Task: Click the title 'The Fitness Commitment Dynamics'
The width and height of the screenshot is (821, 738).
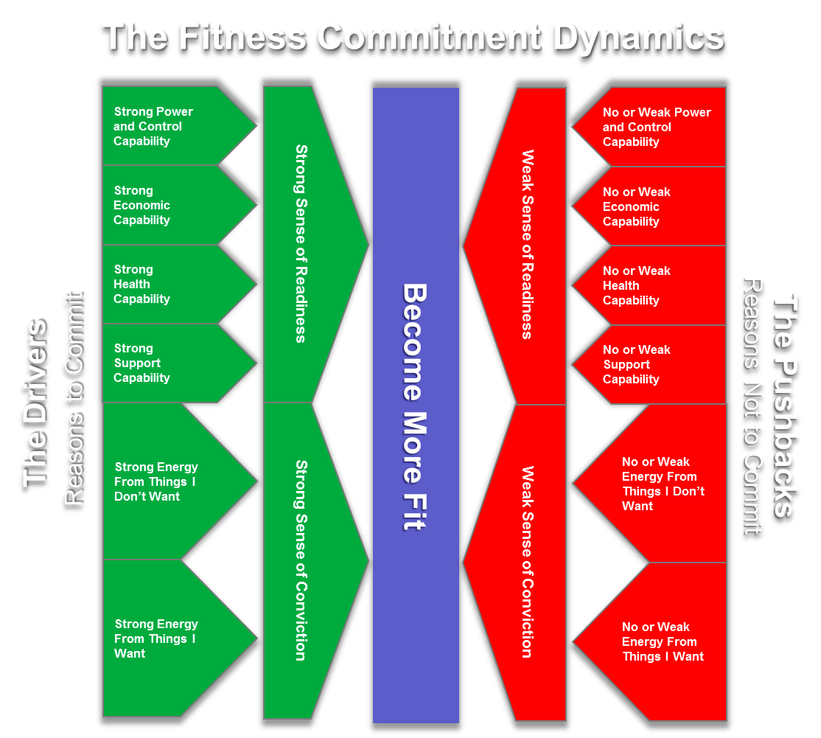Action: tap(413, 37)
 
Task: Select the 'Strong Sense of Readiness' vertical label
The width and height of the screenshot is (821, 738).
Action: tap(301, 243)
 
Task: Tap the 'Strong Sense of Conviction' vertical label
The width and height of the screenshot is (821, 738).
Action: tap(301, 560)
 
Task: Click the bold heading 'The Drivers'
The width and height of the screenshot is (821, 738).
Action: tap(35, 403)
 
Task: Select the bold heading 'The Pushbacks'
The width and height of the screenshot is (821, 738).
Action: tap(786, 405)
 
